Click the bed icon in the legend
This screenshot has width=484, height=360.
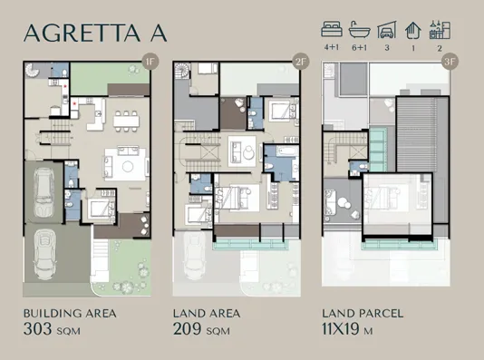[332, 27]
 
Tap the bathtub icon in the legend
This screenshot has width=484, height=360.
[359, 27]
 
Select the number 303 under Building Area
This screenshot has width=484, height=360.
[41, 331]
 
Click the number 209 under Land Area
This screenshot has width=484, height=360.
[190, 331]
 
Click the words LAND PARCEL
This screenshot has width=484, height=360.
[363, 314]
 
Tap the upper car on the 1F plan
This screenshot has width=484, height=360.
[45, 193]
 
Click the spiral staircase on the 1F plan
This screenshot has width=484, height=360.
[34, 73]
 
